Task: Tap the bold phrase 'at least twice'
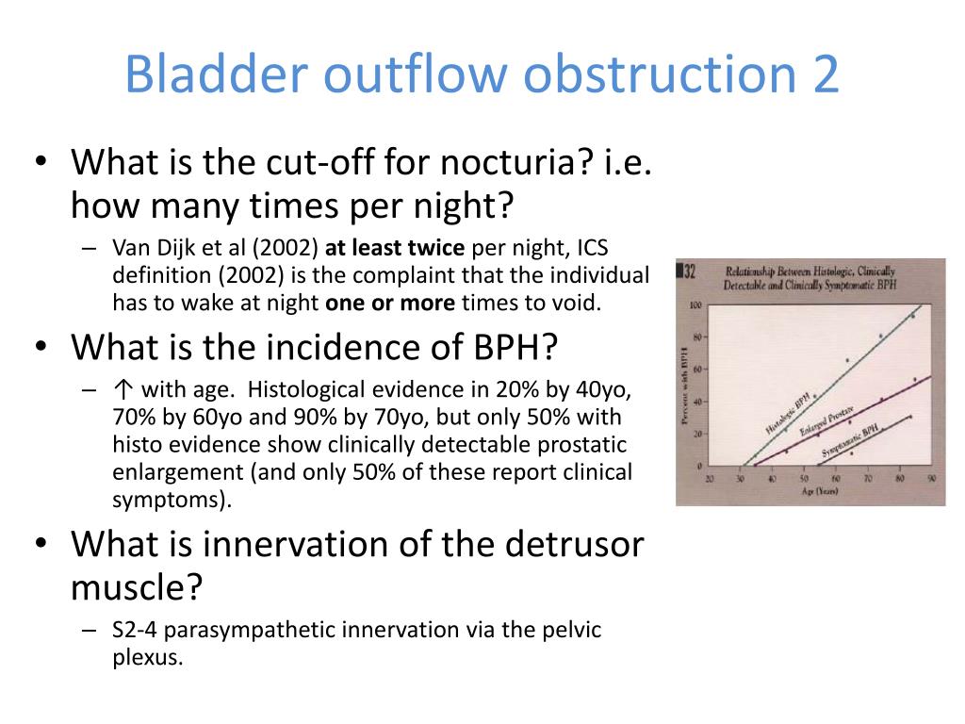coord(395,249)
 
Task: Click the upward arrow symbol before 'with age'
coord(120,390)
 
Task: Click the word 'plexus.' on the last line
coord(146,657)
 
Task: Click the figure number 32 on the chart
coord(689,271)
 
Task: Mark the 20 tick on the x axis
coord(709,479)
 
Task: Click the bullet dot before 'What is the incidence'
coord(41,349)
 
